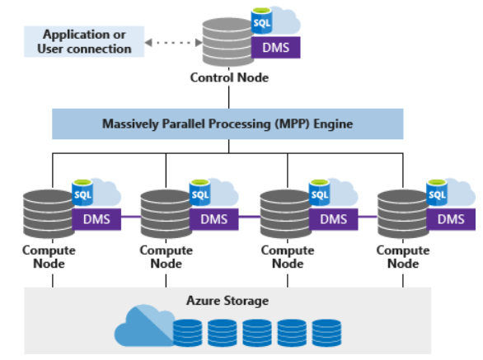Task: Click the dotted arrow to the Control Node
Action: point(171,41)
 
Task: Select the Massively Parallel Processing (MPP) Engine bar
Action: point(227,124)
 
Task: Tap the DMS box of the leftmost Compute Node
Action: point(96,219)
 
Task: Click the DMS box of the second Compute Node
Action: point(215,219)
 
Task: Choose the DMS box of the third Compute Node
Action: point(333,219)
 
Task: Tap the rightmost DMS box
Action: point(451,219)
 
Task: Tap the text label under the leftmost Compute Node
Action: point(49,257)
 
